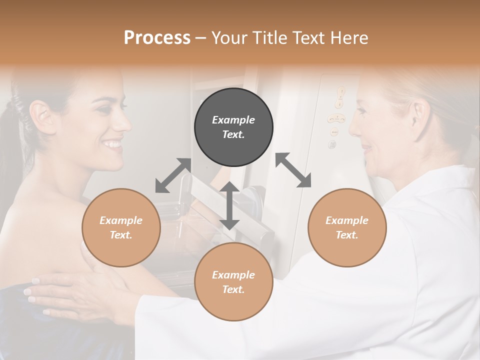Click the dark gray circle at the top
tap(233, 127)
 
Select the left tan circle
tap(121, 227)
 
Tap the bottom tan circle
tap(233, 282)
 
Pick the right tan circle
tap(347, 227)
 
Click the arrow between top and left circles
tap(173, 175)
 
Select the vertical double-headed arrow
tap(229, 205)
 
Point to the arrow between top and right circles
tap(293, 170)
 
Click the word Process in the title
tap(157, 37)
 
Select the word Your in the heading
tap(231, 37)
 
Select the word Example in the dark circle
tap(233, 120)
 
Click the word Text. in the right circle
tap(347, 235)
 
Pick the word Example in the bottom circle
tap(233, 275)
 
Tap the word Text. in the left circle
tap(121, 235)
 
